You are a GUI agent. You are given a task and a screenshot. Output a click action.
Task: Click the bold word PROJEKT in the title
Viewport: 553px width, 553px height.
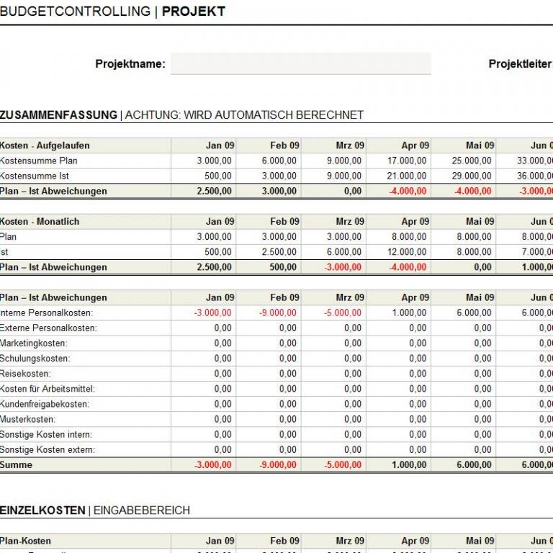pyautogui.click(x=194, y=12)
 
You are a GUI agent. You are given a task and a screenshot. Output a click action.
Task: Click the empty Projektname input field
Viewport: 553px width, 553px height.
pyautogui.click(x=300, y=63)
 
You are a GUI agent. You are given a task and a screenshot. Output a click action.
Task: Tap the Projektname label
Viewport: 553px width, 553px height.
pyautogui.click(x=130, y=64)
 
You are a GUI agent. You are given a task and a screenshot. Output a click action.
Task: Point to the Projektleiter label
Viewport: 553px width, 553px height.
pyautogui.click(x=520, y=64)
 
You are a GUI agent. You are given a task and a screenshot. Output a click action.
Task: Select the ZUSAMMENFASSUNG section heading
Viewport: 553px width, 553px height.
pyautogui.click(x=58, y=115)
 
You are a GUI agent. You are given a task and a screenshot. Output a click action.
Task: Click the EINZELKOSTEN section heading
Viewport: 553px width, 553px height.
pyautogui.click(x=42, y=511)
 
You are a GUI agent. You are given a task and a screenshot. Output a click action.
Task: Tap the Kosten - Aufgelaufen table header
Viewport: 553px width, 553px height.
pyautogui.click(x=45, y=145)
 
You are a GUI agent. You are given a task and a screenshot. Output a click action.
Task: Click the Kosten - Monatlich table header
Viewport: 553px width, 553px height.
pyautogui.click(x=40, y=222)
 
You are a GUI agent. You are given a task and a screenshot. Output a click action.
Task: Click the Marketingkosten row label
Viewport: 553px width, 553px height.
pyautogui.click(x=34, y=343)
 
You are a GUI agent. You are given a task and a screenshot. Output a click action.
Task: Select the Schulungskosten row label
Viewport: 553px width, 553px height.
pyautogui.click(x=35, y=359)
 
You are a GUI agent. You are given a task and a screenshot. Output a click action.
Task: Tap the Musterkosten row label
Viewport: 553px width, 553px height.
pyautogui.click(x=28, y=419)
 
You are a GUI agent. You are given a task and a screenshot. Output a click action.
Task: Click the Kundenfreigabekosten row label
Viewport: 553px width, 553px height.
pyautogui.click(x=45, y=404)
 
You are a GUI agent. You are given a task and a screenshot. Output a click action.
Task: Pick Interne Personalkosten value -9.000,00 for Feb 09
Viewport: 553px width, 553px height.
pyautogui.click(x=278, y=313)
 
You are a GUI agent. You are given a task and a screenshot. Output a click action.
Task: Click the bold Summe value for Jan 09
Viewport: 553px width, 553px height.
pyautogui.click(x=213, y=465)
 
